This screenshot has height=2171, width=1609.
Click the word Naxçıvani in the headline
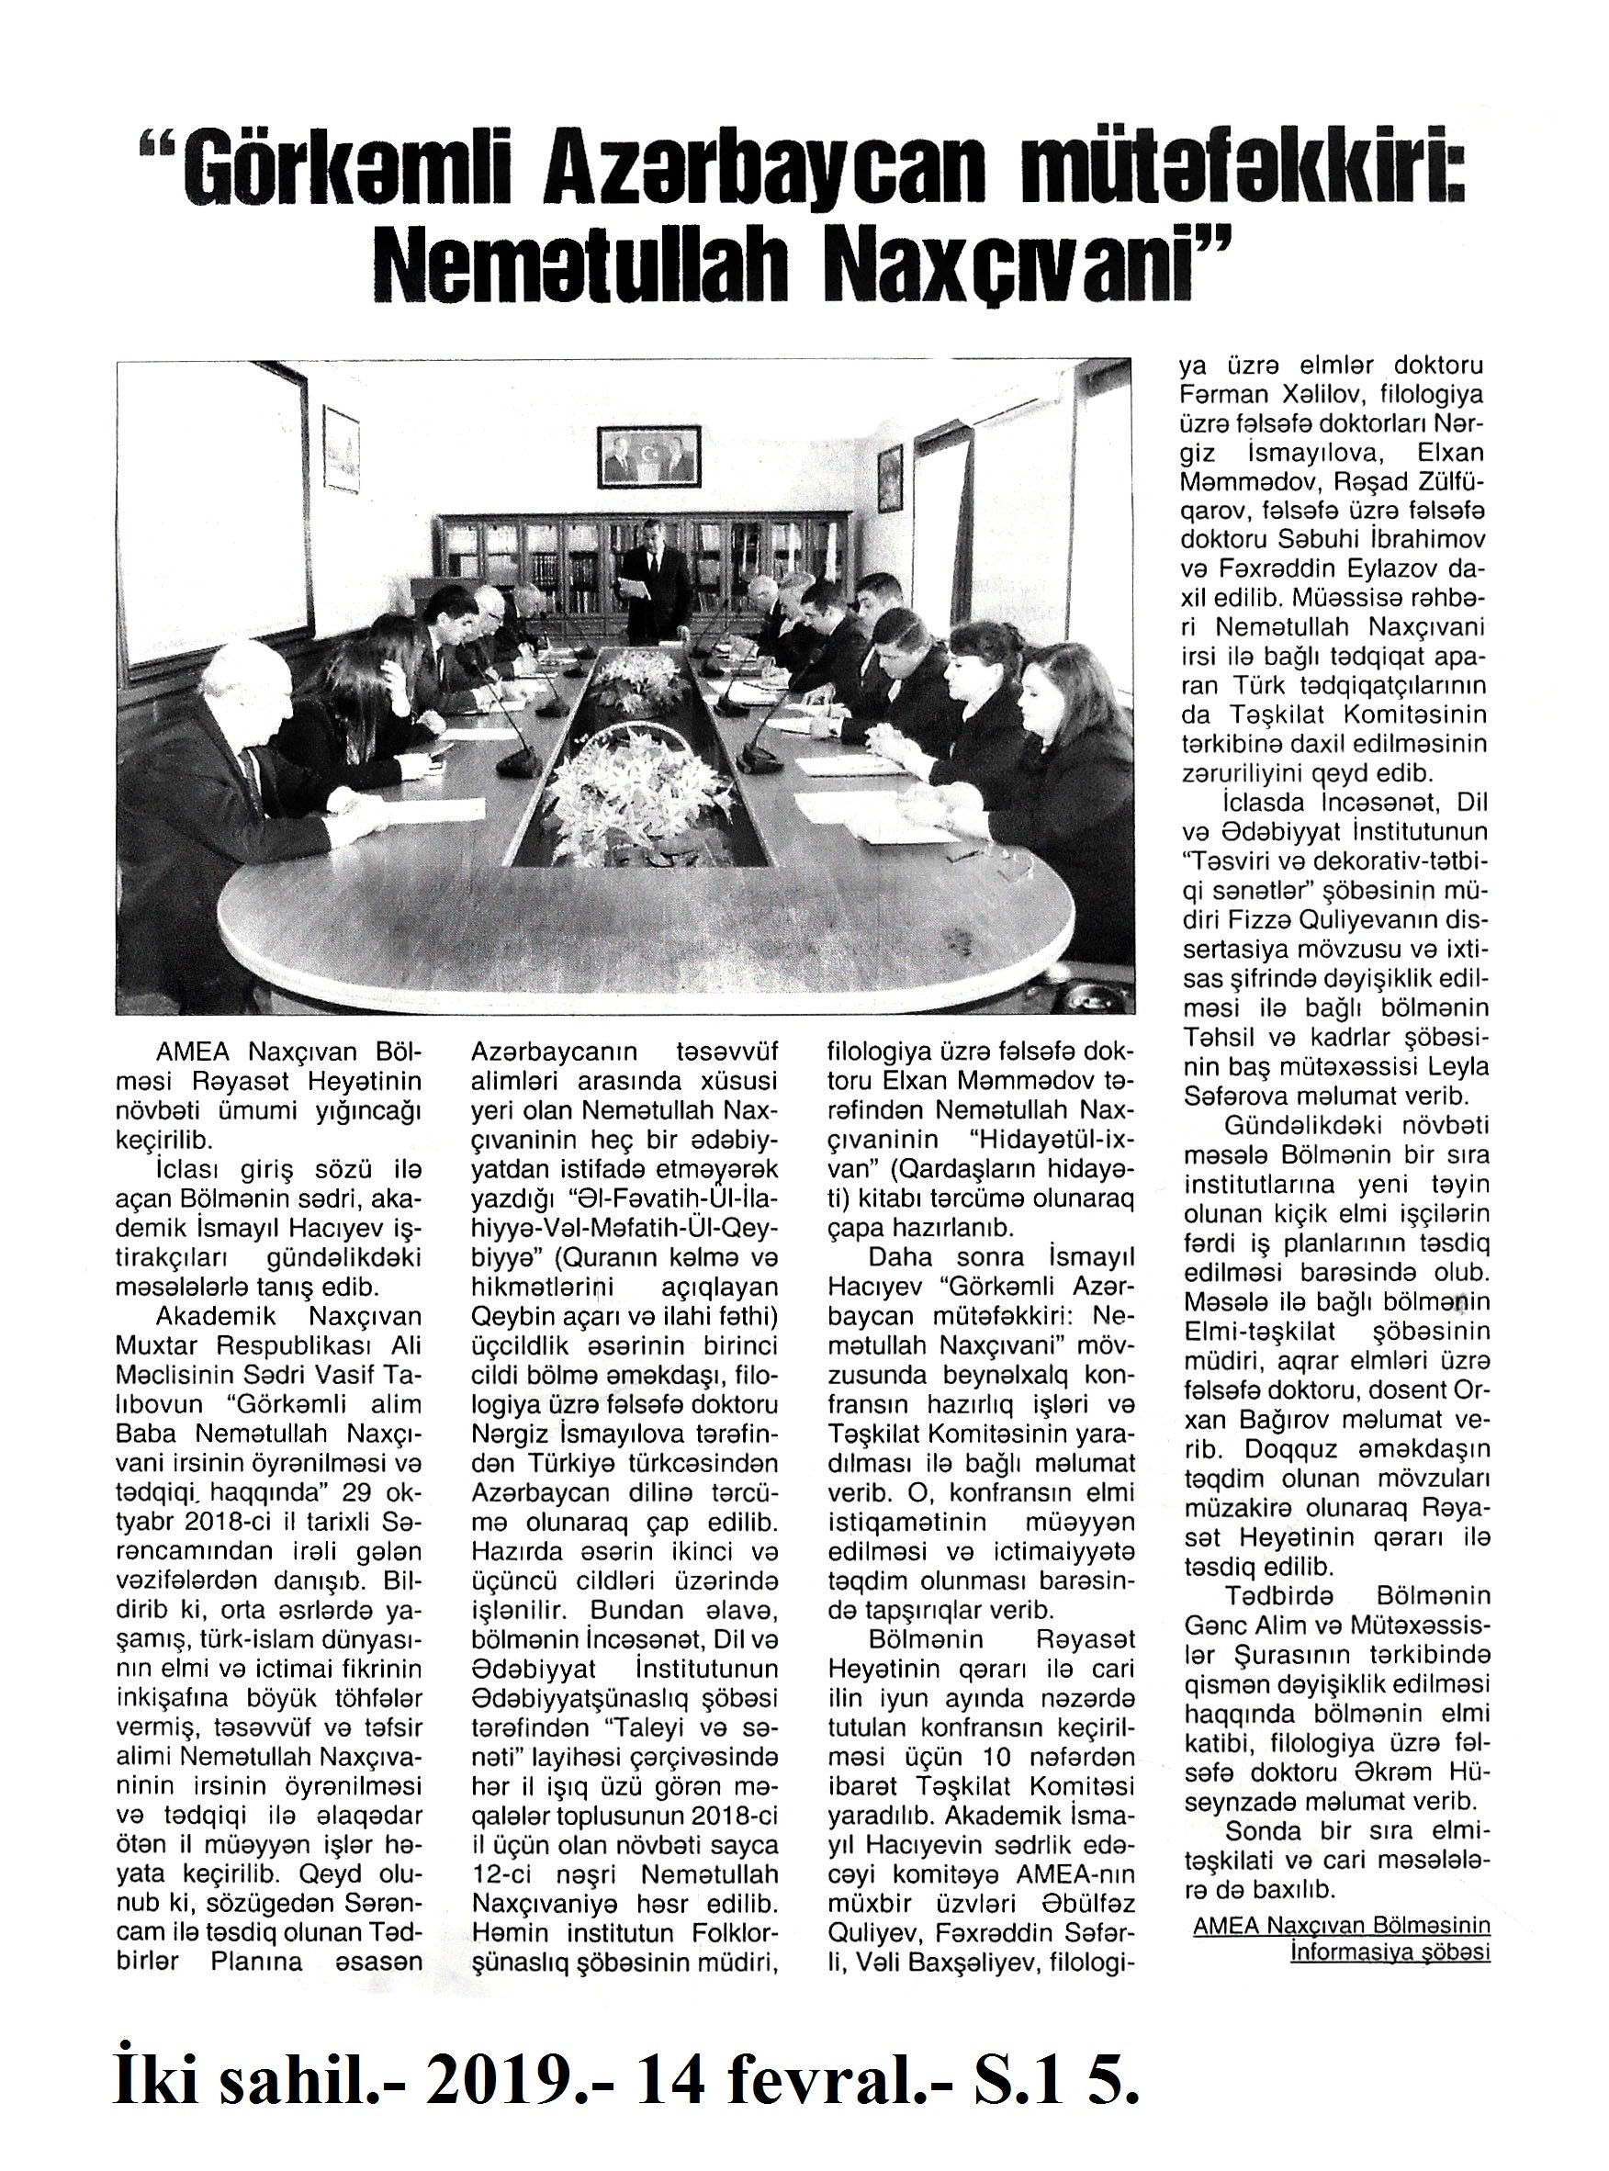(1013, 264)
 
